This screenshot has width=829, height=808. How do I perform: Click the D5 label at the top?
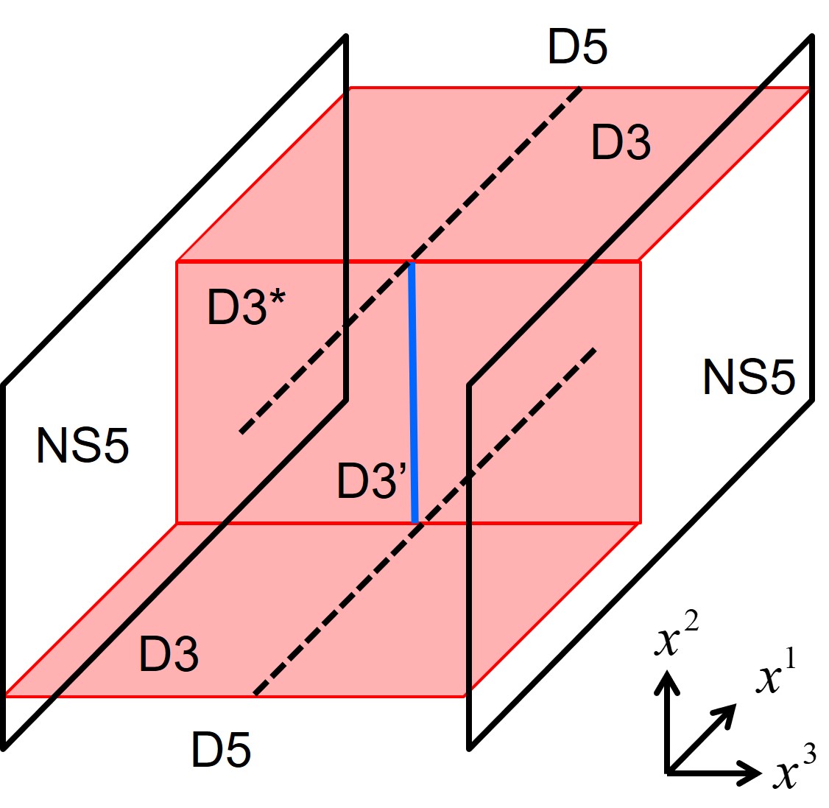pos(577,48)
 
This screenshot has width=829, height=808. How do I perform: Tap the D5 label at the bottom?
pos(221,751)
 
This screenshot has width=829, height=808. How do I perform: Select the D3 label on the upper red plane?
pos(621,143)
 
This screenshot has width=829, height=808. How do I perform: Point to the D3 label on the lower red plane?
pos(169,654)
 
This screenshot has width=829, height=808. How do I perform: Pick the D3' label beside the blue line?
pos(372,480)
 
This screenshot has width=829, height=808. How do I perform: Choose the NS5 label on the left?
pos(82,446)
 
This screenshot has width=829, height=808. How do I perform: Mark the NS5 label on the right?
pos(749,377)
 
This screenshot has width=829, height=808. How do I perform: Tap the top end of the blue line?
pos(412,263)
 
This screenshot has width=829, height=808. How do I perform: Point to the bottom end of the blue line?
pos(415,521)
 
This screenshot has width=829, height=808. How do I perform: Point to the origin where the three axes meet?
pos(669,772)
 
